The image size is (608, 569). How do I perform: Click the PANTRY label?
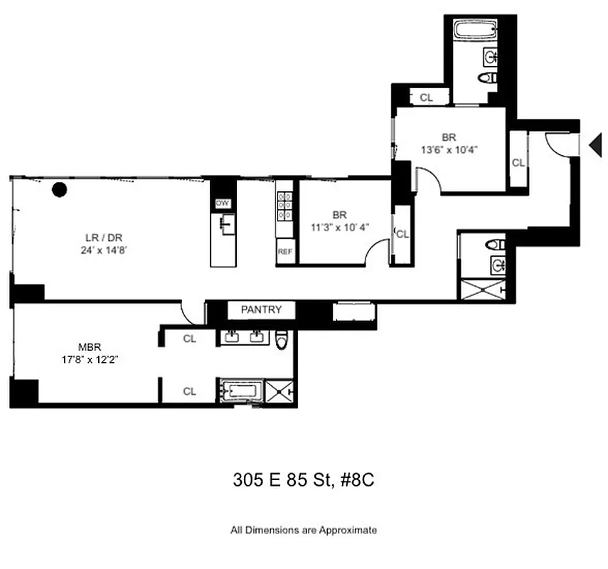[x=261, y=310]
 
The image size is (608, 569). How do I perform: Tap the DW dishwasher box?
[x=223, y=203]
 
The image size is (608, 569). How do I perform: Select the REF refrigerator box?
[x=284, y=252]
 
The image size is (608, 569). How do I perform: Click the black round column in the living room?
[x=60, y=189]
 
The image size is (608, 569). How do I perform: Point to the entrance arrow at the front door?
[x=595, y=145]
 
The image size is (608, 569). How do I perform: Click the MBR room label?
[x=89, y=348]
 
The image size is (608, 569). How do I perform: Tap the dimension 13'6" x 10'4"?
[x=448, y=149]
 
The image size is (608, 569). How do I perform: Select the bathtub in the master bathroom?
[x=242, y=391]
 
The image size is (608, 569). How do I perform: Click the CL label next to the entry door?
[x=518, y=163]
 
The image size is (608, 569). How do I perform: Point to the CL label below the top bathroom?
[x=425, y=98]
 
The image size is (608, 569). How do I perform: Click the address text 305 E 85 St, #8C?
[x=304, y=480]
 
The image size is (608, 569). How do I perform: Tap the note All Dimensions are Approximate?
[x=304, y=530]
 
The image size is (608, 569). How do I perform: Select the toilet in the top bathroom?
[x=489, y=78]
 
